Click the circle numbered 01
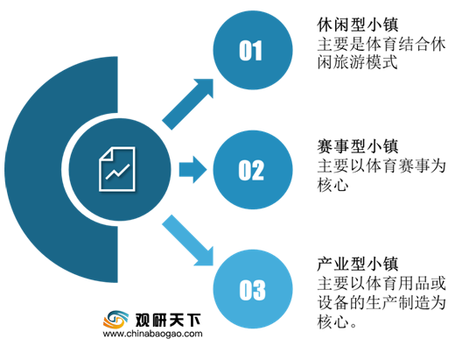[x=253, y=50]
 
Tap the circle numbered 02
[x=253, y=170]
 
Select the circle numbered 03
[x=253, y=289]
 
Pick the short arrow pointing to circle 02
[x=193, y=170]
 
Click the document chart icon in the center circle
[x=117, y=169]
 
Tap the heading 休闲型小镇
[x=358, y=25]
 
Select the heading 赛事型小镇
[x=358, y=146]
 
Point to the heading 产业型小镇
[x=358, y=265]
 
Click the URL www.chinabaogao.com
[x=152, y=334]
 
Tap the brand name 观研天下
[x=168, y=320]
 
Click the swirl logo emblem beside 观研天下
[x=115, y=320]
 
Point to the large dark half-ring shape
[x=32, y=170]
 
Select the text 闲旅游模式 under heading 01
[x=358, y=63]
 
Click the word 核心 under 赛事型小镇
[x=333, y=186]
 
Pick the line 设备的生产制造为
[x=381, y=303]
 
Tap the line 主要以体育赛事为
[x=381, y=166]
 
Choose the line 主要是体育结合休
[x=381, y=45]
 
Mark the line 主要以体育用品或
[x=381, y=284]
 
